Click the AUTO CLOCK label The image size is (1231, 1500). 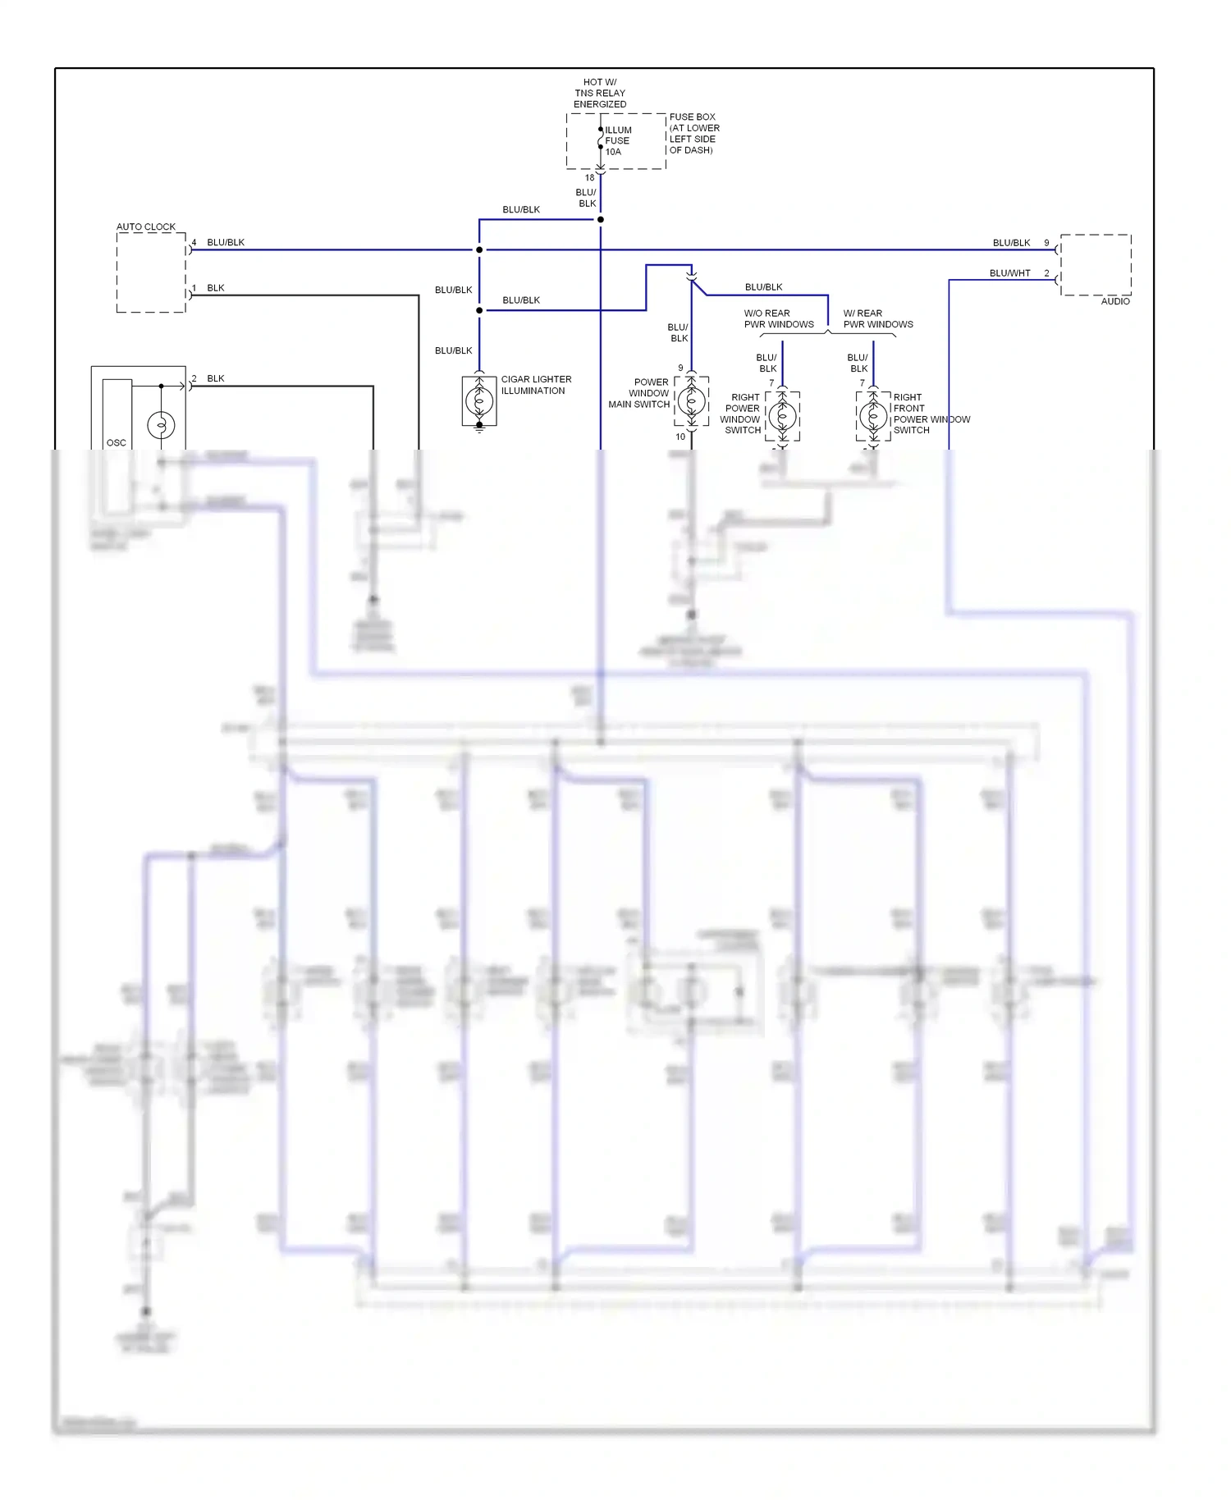pos(145,226)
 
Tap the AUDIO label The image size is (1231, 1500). pos(1114,301)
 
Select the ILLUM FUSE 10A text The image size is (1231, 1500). pos(618,140)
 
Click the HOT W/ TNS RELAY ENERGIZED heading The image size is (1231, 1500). pos(599,93)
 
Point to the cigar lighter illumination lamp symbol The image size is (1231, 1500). pos(479,401)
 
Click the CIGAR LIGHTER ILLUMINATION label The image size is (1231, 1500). pos(536,385)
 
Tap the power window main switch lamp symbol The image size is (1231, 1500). pos(691,401)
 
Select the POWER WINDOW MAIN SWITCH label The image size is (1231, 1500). pos(639,393)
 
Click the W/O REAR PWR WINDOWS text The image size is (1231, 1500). pos(778,318)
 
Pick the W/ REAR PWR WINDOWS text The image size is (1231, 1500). pos(877,318)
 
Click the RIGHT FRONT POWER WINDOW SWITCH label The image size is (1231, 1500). pos(931,414)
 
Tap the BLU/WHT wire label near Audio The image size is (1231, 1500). pos(1009,273)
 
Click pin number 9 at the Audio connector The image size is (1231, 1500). pos(1046,243)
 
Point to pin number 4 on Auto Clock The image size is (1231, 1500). pos(194,243)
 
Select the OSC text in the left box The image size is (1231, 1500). pos(117,442)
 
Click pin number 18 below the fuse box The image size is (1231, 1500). pos(589,177)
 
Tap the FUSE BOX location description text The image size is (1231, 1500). pos(693,134)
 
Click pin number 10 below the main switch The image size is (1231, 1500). pos(680,437)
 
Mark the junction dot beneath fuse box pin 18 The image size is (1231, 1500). pos(601,219)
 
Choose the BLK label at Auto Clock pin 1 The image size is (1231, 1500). pos(216,288)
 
